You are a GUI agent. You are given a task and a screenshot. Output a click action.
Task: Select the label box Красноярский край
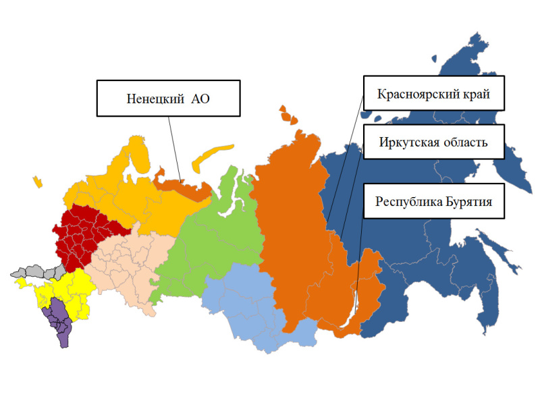pyautogui.click(x=434, y=92)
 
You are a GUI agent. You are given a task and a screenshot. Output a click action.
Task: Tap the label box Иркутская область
pyautogui.click(x=434, y=142)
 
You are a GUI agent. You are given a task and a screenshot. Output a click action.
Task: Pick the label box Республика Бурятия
pyautogui.click(x=434, y=201)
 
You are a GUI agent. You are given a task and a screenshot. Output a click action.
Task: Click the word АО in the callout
pyautogui.click(x=202, y=99)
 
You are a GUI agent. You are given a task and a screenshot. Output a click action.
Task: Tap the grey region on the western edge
pyautogui.click(x=34, y=273)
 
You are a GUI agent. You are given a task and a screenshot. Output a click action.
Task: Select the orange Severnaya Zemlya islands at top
pyautogui.click(x=287, y=114)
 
